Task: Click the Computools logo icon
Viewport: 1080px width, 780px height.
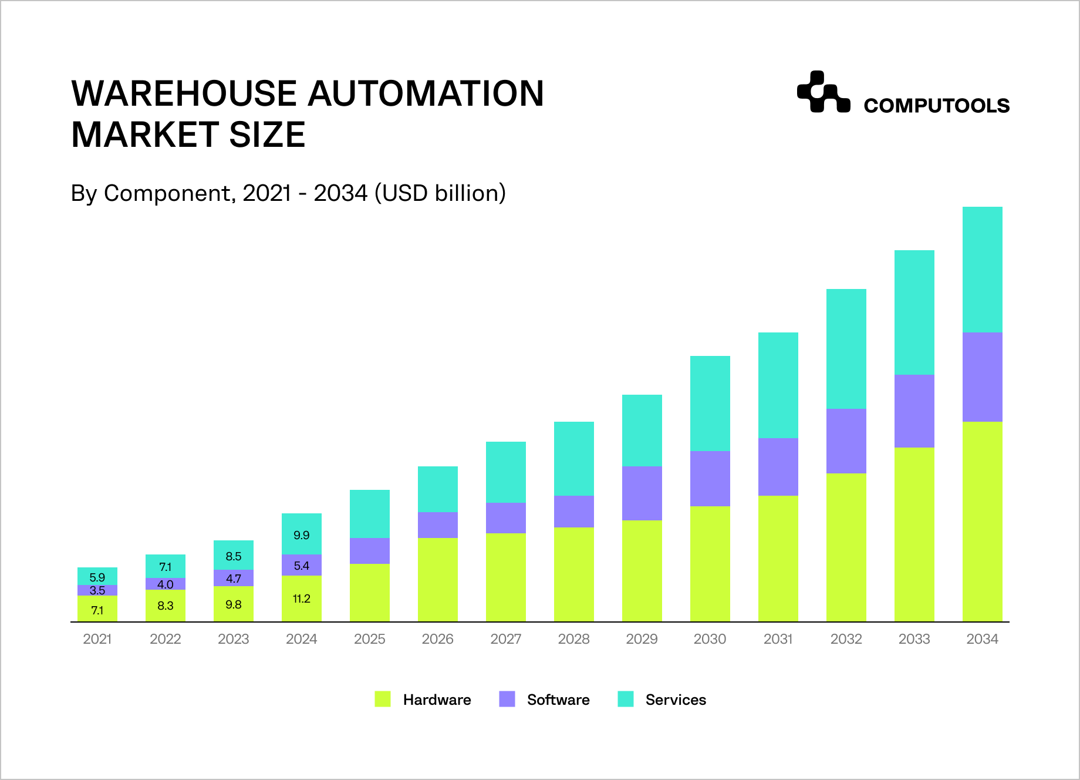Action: coord(823,92)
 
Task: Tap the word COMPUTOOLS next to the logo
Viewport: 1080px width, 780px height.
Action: coord(936,106)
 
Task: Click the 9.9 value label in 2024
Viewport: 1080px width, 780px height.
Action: coord(301,535)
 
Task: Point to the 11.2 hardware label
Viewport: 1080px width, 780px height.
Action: coord(301,599)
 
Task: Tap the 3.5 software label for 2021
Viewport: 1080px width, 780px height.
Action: coord(97,590)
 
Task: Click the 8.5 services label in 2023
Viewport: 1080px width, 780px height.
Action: coord(234,556)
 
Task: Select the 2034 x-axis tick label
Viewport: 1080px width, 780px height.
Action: coord(982,639)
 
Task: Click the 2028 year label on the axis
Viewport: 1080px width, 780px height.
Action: coord(573,639)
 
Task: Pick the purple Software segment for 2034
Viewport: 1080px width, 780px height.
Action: coord(982,377)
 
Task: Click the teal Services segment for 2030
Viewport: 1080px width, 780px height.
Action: coord(710,404)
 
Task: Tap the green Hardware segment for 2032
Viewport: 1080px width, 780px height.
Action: coord(846,547)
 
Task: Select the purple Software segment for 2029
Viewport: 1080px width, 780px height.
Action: coord(642,493)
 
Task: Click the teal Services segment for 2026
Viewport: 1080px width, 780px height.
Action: coord(437,489)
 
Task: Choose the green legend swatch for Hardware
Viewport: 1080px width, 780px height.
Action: coord(383,699)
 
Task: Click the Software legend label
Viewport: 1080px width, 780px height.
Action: coord(558,700)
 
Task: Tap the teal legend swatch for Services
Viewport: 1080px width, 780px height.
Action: coord(626,699)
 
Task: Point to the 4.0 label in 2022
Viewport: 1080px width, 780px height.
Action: coord(166,584)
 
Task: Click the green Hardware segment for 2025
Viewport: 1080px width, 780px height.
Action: coord(369,593)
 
